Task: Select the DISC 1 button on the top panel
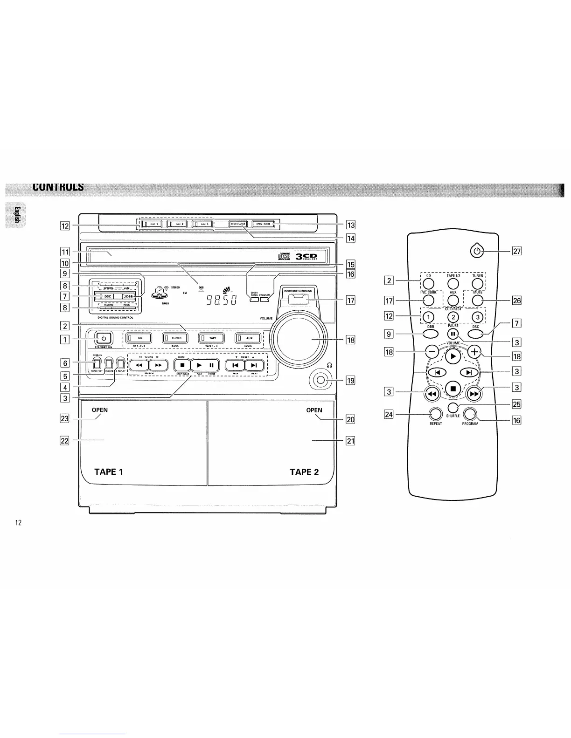click(x=152, y=224)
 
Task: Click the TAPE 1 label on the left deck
click(x=109, y=471)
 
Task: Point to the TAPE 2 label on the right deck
click(x=304, y=472)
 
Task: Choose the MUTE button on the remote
click(x=477, y=300)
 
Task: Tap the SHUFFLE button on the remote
click(x=453, y=407)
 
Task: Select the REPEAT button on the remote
click(x=435, y=414)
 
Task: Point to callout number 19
click(x=350, y=381)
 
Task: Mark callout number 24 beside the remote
click(x=388, y=414)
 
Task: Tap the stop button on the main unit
click(x=183, y=365)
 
